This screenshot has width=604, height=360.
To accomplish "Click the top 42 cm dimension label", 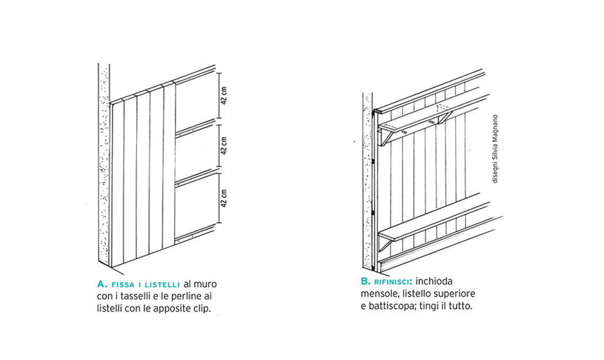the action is [224, 95].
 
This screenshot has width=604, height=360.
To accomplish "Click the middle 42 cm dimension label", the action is [224, 146].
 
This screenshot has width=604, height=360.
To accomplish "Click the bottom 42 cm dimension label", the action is [224, 199].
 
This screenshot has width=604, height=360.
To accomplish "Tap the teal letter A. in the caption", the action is [102, 284].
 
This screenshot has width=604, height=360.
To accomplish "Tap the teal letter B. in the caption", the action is [366, 282].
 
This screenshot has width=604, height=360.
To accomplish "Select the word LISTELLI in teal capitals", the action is [162, 285].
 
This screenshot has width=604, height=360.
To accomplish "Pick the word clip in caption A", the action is [203, 309].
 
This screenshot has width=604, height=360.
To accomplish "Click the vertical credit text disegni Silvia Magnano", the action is [495, 149].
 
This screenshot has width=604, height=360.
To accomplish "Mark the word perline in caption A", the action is [185, 297].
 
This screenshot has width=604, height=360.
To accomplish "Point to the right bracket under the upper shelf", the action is [445, 118].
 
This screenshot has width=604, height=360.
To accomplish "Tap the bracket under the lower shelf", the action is [386, 244].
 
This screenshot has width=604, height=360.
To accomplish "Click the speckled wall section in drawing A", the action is [104, 164].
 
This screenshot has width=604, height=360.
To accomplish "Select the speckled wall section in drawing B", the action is [368, 181].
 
